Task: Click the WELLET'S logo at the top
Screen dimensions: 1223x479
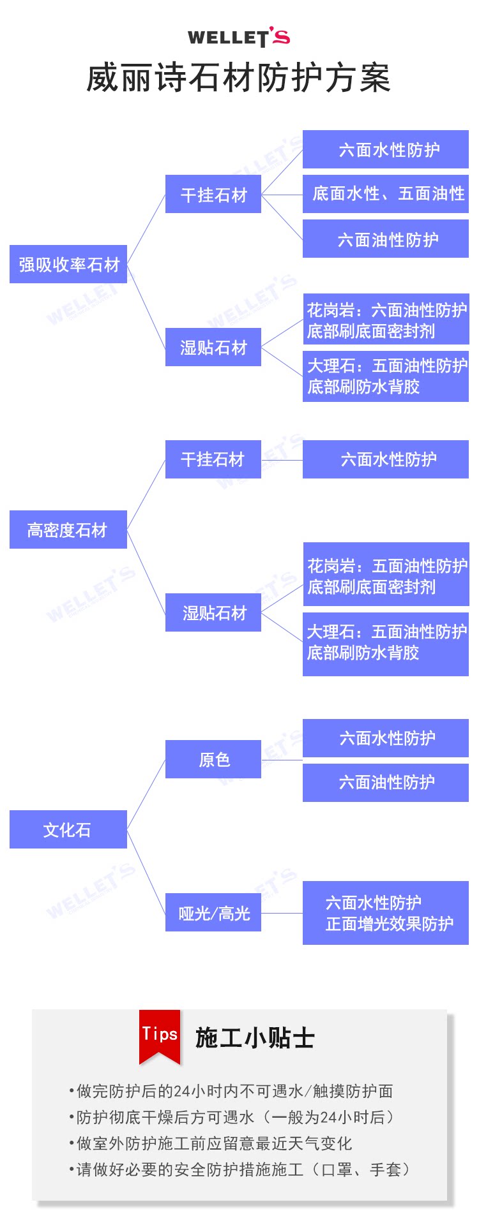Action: tap(239, 37)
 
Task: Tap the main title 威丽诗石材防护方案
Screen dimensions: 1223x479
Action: tap(238, 78)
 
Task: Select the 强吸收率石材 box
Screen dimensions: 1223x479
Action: tap(68, 264)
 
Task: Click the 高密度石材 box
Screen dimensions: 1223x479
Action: tap(68, 530)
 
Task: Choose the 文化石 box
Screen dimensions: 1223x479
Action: tap(68, 829)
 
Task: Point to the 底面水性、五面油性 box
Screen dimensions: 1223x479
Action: tap(386, 194)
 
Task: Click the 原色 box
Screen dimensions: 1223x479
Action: tap(213, 759)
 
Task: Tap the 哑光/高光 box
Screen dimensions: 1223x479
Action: tap(213, 913)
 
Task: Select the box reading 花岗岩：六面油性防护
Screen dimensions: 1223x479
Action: tap(386, 320)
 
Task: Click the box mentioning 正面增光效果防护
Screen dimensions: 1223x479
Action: tap(386, 913)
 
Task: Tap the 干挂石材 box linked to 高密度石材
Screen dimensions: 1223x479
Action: tap(213, 459)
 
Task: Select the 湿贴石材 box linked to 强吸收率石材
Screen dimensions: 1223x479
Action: tap(213, 347)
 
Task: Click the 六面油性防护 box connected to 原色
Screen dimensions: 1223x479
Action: tap(386, 782)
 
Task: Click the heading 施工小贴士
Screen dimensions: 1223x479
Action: tap(255, 1038)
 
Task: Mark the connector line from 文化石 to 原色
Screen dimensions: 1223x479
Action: tap(146, 794)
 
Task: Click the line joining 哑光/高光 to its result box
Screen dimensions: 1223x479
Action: tap(282, 913)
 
